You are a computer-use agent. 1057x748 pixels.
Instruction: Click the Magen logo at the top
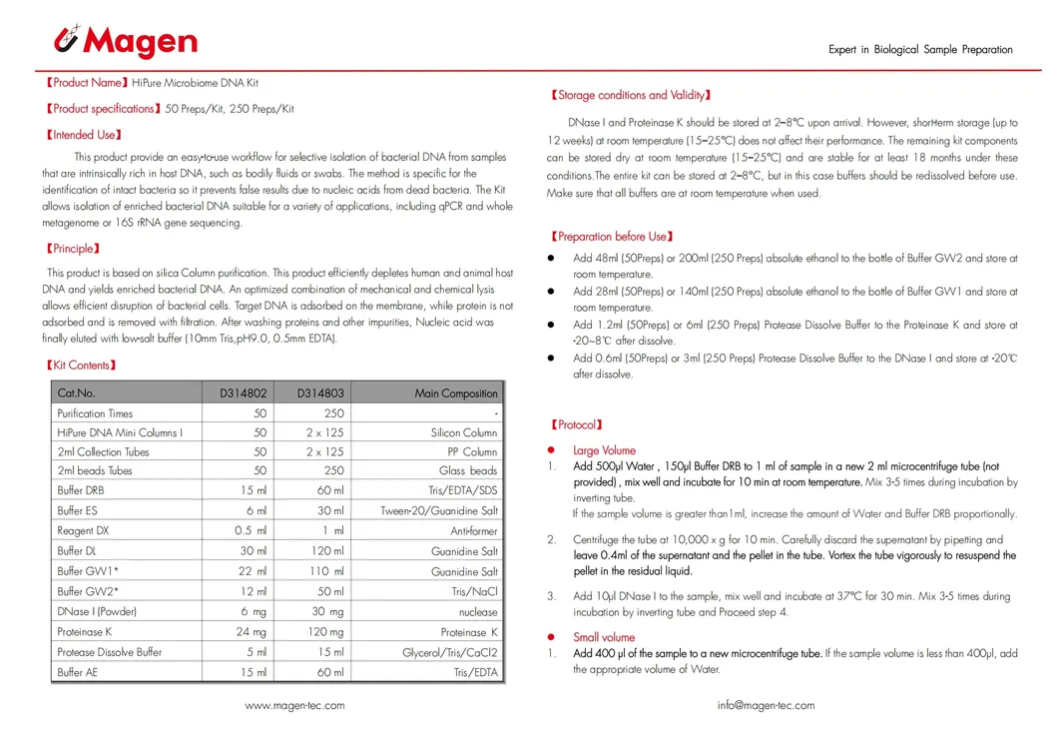coord(125,42)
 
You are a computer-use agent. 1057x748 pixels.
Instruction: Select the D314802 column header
coord(244,393)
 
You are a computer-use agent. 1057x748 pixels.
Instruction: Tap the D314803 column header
coord(320,393)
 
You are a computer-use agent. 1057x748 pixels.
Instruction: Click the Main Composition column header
coord(455,393)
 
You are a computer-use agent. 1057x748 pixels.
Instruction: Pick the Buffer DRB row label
coord(81,491)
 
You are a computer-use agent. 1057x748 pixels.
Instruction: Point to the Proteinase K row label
coord(86,632)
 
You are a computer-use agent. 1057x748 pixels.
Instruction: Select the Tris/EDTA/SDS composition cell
coord(462,491)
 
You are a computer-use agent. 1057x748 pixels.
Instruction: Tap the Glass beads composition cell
coord(467,471)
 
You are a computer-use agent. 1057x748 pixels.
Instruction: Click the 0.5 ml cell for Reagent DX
coord(251,531)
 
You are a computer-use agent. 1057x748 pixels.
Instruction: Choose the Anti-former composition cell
coord(473,531)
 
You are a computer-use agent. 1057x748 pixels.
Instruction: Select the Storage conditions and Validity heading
coord(631,96)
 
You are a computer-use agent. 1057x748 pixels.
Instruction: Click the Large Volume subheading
coord(604,450)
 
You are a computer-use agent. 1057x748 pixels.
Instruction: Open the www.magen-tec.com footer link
coord(294,706)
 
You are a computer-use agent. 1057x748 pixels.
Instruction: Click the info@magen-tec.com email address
coord(766,706)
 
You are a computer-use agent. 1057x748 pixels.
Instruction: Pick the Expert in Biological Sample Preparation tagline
coord(920,50)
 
